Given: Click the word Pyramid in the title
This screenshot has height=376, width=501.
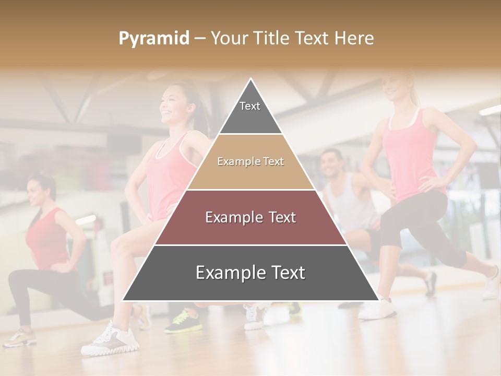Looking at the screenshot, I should [153, 39].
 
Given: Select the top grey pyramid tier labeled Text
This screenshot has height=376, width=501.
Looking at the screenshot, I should [250, 112].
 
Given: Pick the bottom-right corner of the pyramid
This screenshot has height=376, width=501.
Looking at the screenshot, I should [378, 300].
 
